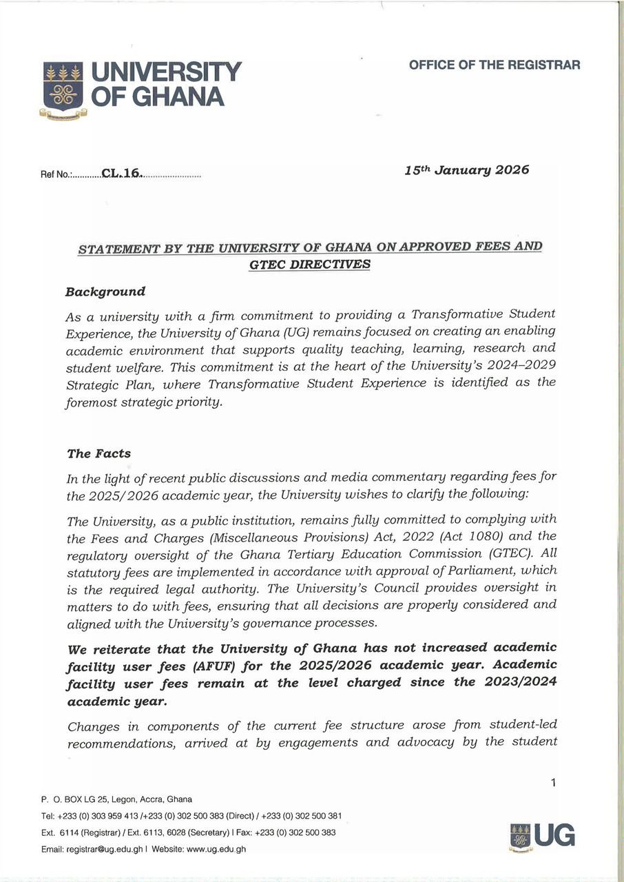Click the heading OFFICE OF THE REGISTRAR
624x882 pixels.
(x=494, y=65)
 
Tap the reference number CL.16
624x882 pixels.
(x=121, y=174)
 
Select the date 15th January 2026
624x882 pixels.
(x=467, y=170)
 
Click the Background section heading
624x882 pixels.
(x=105, y=291)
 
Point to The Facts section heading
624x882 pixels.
(x=98, y=454)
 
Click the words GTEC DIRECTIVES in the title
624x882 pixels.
(x=309, y=265)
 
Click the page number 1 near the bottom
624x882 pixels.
(x=552, y=782)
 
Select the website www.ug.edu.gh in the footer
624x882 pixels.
(x=216, y=850)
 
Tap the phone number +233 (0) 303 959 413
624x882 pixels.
(x=98, y=816)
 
